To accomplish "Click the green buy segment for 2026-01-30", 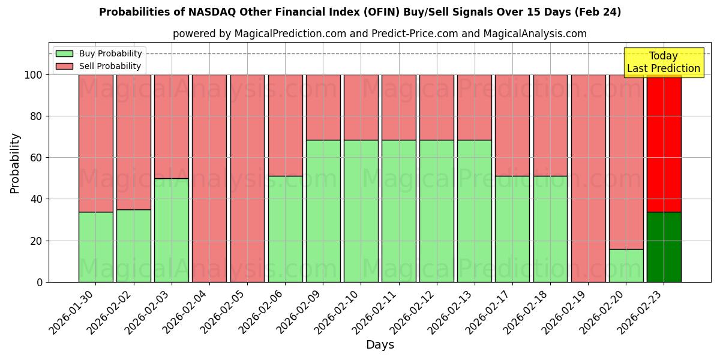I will click(95, 247).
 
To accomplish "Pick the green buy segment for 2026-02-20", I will click(626, 265).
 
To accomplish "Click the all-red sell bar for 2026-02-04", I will click(209, 178).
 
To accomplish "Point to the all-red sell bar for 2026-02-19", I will click(588, 178).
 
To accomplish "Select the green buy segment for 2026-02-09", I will click(323, 211).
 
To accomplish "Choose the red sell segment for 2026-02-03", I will click(171, 126).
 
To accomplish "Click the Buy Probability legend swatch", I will click(64, 53).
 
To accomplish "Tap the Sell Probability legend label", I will click(110, 66).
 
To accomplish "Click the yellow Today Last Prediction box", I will click(663, 62).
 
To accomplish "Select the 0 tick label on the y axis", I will click(40, 282).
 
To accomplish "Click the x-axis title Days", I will click(380, 345).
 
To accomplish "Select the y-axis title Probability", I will click(15, 163).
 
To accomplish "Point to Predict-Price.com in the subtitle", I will click(415, 34).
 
